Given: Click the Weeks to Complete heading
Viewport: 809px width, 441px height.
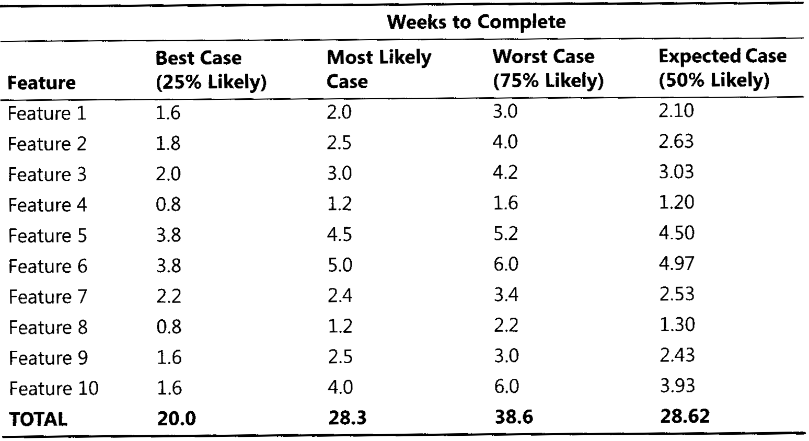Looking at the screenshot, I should pos(476,22).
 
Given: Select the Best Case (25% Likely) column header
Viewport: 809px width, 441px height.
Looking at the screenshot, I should pos(211,69).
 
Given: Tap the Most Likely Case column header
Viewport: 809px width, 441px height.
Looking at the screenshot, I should pos(379,69).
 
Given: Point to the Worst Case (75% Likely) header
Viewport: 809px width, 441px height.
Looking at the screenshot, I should pos(547,68).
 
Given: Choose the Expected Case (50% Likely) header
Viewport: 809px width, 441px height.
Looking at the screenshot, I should pos(722,67).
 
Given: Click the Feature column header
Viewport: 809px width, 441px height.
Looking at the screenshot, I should pos(41,83).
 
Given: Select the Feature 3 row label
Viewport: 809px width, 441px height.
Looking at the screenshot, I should pos(47,174).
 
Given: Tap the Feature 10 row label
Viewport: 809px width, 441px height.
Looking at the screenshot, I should pos(53,388).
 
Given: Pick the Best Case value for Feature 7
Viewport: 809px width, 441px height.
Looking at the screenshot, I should pos(168,296).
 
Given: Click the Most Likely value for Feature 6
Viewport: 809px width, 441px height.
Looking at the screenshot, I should pos(340,265).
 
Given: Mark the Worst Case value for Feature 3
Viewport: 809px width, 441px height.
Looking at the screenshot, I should pos(505,172).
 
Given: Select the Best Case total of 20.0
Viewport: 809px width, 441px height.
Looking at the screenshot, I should pos(176,419).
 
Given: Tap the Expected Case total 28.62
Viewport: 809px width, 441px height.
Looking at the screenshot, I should pos(685,416).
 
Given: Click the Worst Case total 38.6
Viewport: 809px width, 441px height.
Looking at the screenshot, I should pos(514,417).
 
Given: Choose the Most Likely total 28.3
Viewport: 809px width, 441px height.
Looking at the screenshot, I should pos(348,418).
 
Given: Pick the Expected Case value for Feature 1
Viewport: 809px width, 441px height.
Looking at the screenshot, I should pos(676,111).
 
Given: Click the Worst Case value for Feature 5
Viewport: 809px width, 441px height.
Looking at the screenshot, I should pos(505,234).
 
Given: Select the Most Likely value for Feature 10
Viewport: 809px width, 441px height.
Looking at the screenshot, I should pos(340,387).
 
